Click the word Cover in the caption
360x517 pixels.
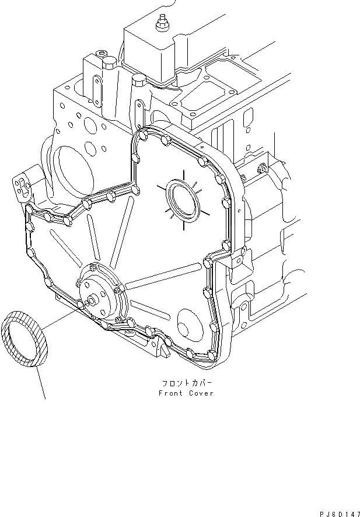point(201,393)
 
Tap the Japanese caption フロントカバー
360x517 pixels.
point(186,384)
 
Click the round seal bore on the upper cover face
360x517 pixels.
point(181,199)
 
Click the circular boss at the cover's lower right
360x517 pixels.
point(187,324)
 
